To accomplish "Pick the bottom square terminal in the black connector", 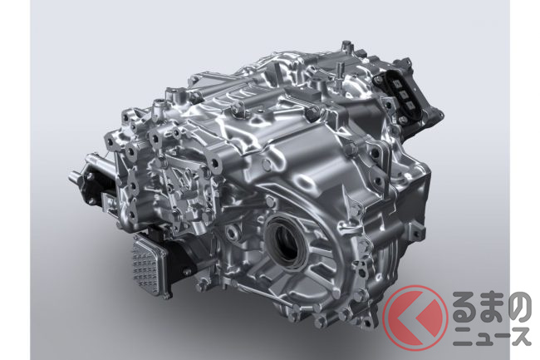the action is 410,105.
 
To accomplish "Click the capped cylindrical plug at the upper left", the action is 159,104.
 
